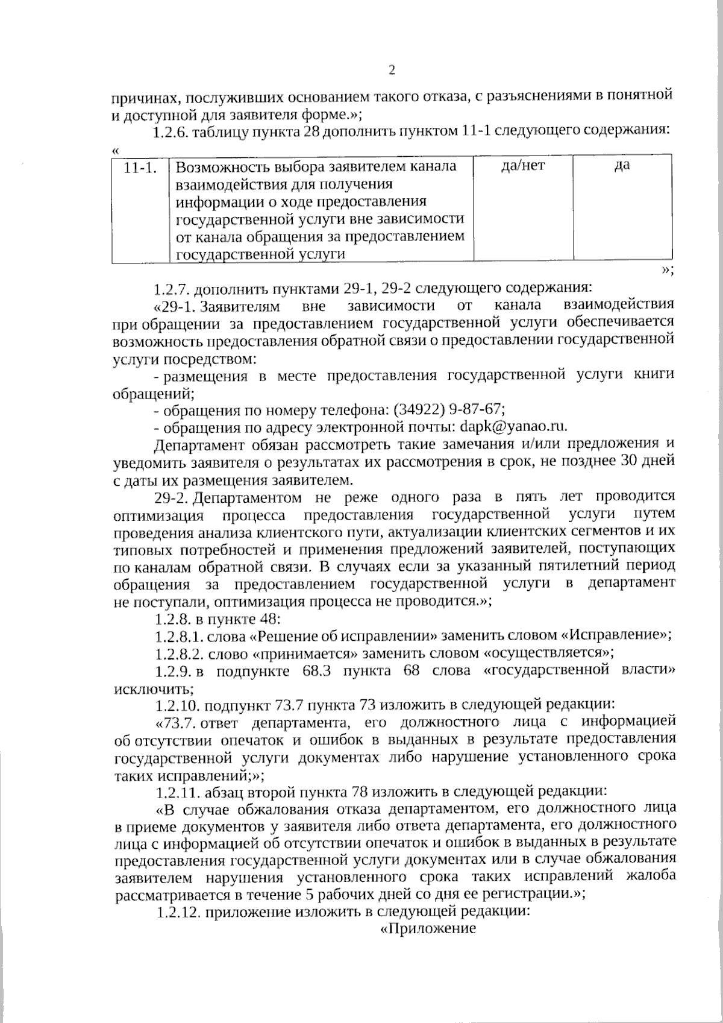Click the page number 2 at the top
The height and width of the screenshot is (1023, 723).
(x=392, y=71)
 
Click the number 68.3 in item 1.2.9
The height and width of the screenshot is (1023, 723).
(x=317, y=670)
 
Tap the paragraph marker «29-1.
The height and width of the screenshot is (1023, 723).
(x=176, y=306)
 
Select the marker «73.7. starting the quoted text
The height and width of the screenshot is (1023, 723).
(x=177, y=722)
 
